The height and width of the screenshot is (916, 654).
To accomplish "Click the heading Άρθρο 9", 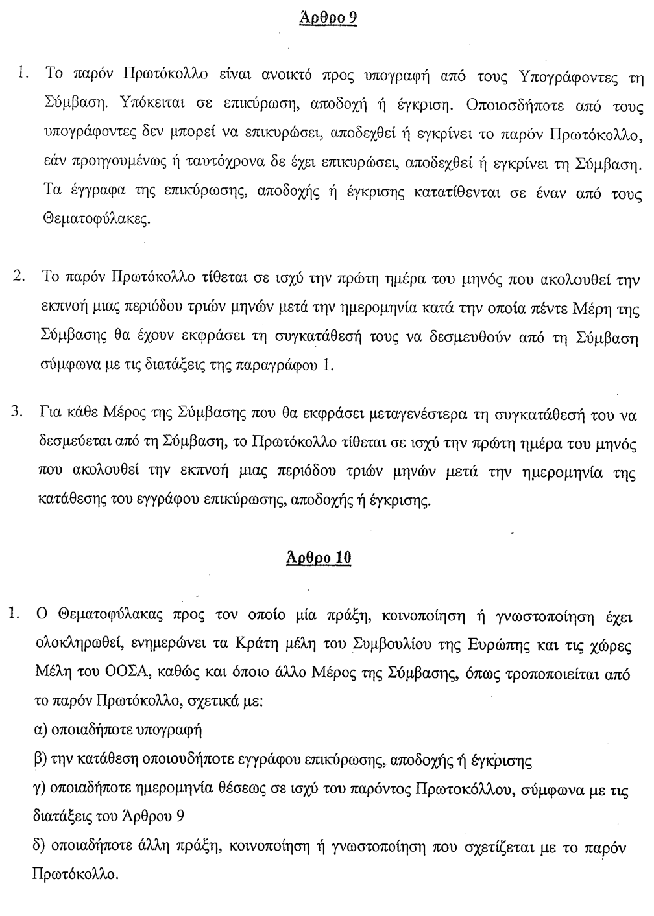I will [x=328, y=18].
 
